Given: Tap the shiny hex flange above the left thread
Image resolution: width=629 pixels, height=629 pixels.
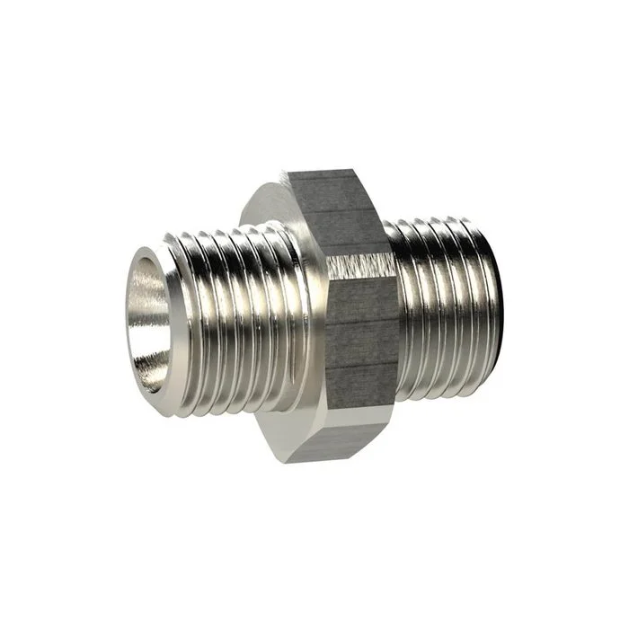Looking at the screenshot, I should pyautogui.click(x=270, y=202).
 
